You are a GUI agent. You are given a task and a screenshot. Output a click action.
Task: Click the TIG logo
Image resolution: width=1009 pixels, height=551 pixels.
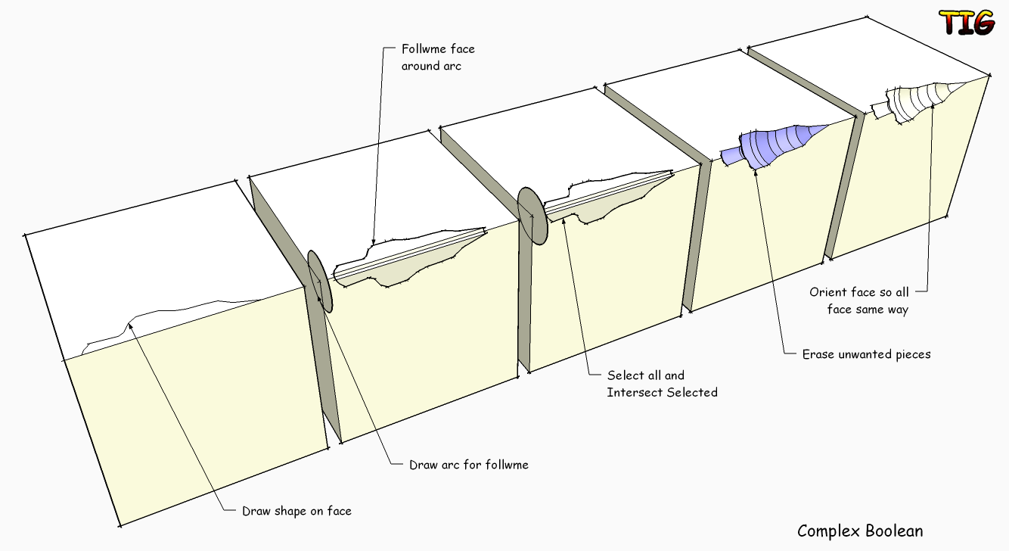(966, 23)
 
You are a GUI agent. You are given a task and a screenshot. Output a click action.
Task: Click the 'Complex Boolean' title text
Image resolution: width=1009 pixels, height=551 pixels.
(860, 531)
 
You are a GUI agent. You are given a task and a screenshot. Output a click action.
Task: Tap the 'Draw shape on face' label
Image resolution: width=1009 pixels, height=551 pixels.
(296, 511)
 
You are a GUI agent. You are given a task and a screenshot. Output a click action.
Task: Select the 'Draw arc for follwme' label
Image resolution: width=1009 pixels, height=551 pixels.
(468, 464)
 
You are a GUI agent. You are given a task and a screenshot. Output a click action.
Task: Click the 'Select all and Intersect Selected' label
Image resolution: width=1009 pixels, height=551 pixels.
(662, 384)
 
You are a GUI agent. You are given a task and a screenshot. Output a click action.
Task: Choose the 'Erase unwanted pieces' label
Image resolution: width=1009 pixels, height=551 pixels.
(866, 353)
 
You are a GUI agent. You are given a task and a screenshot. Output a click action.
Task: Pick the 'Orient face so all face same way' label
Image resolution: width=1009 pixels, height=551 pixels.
(859, 300)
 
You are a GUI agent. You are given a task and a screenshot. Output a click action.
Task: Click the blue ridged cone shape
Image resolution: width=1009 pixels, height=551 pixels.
(775, 143)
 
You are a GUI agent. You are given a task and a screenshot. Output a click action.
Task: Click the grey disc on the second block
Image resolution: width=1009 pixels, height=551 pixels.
(320, 282)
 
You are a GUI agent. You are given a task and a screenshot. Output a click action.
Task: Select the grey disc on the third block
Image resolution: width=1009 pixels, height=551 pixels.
(532, 216)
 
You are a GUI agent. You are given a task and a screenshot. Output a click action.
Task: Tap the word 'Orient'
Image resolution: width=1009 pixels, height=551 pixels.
(827, 292)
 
